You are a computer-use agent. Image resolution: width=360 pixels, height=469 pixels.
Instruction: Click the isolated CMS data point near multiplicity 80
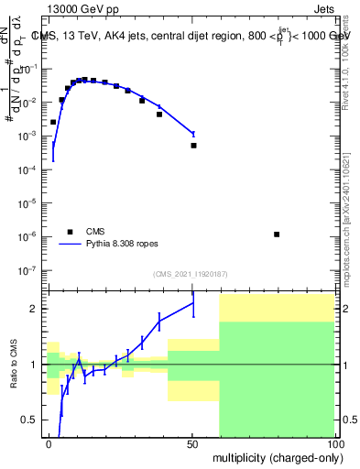point(277,234)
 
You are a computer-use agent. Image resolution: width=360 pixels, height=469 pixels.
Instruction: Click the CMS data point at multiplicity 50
point(193,145)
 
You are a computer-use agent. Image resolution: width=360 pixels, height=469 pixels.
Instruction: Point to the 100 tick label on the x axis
point(334,443)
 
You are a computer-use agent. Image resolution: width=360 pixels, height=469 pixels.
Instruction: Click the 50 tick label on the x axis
point(193,443)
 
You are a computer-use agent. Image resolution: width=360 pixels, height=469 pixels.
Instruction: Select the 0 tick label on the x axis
point(49,443)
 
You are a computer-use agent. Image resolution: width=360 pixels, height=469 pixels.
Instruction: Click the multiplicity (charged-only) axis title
point(276,456)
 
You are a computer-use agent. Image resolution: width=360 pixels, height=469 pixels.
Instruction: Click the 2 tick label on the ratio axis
point(36,309)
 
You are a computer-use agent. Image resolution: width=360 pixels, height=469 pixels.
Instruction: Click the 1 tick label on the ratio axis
point(36,365)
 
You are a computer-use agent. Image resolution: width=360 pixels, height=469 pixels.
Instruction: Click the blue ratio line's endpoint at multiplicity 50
point(193,302)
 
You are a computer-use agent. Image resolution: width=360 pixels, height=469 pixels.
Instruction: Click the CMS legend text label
point(96,232)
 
